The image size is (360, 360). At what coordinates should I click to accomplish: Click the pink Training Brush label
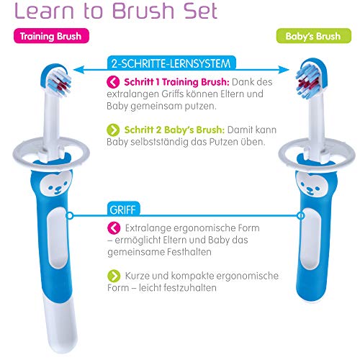tap(51, 36)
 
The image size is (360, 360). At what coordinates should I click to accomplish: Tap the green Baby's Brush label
tap(313, 36)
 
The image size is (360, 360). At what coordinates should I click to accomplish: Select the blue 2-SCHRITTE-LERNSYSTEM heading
tap(171, 63)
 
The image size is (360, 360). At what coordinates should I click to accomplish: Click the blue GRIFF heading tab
tap(123, 209)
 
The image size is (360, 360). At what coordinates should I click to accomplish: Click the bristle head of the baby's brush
tap(309, 81)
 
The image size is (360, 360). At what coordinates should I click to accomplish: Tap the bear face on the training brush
tap(55, 183)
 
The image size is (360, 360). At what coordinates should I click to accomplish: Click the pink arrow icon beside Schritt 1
tap(113, 82)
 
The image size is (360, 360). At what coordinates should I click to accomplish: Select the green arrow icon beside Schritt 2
tap(113, 130)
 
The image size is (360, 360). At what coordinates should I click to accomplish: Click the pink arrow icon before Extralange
tap(114, 228)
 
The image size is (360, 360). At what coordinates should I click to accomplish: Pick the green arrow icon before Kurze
tap(114, 276)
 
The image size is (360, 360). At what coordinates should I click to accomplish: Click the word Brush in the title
tap(143, 11)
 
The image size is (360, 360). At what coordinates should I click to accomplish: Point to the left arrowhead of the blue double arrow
tap(78, 70)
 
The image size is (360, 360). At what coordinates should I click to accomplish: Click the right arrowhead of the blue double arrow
tap(284, 70)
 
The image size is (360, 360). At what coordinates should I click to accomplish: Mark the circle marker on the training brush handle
tap(70, 215)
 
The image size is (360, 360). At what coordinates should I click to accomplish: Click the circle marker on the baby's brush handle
tap(300, 215)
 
